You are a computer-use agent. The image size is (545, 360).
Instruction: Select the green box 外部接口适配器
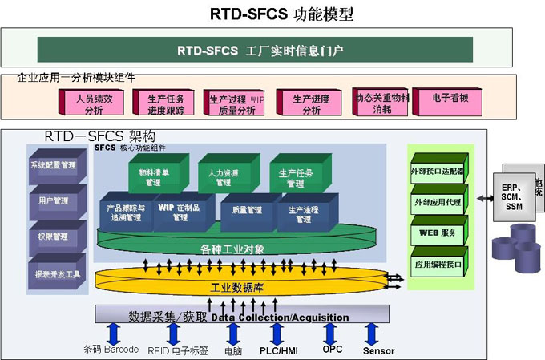[438, 172]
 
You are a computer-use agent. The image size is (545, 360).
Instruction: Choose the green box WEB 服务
[438, 233]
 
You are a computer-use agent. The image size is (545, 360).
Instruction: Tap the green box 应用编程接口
[438, 265]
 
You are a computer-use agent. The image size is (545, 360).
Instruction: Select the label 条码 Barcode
[111, 350]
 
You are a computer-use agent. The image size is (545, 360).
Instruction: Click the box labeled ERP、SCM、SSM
[513, 196]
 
